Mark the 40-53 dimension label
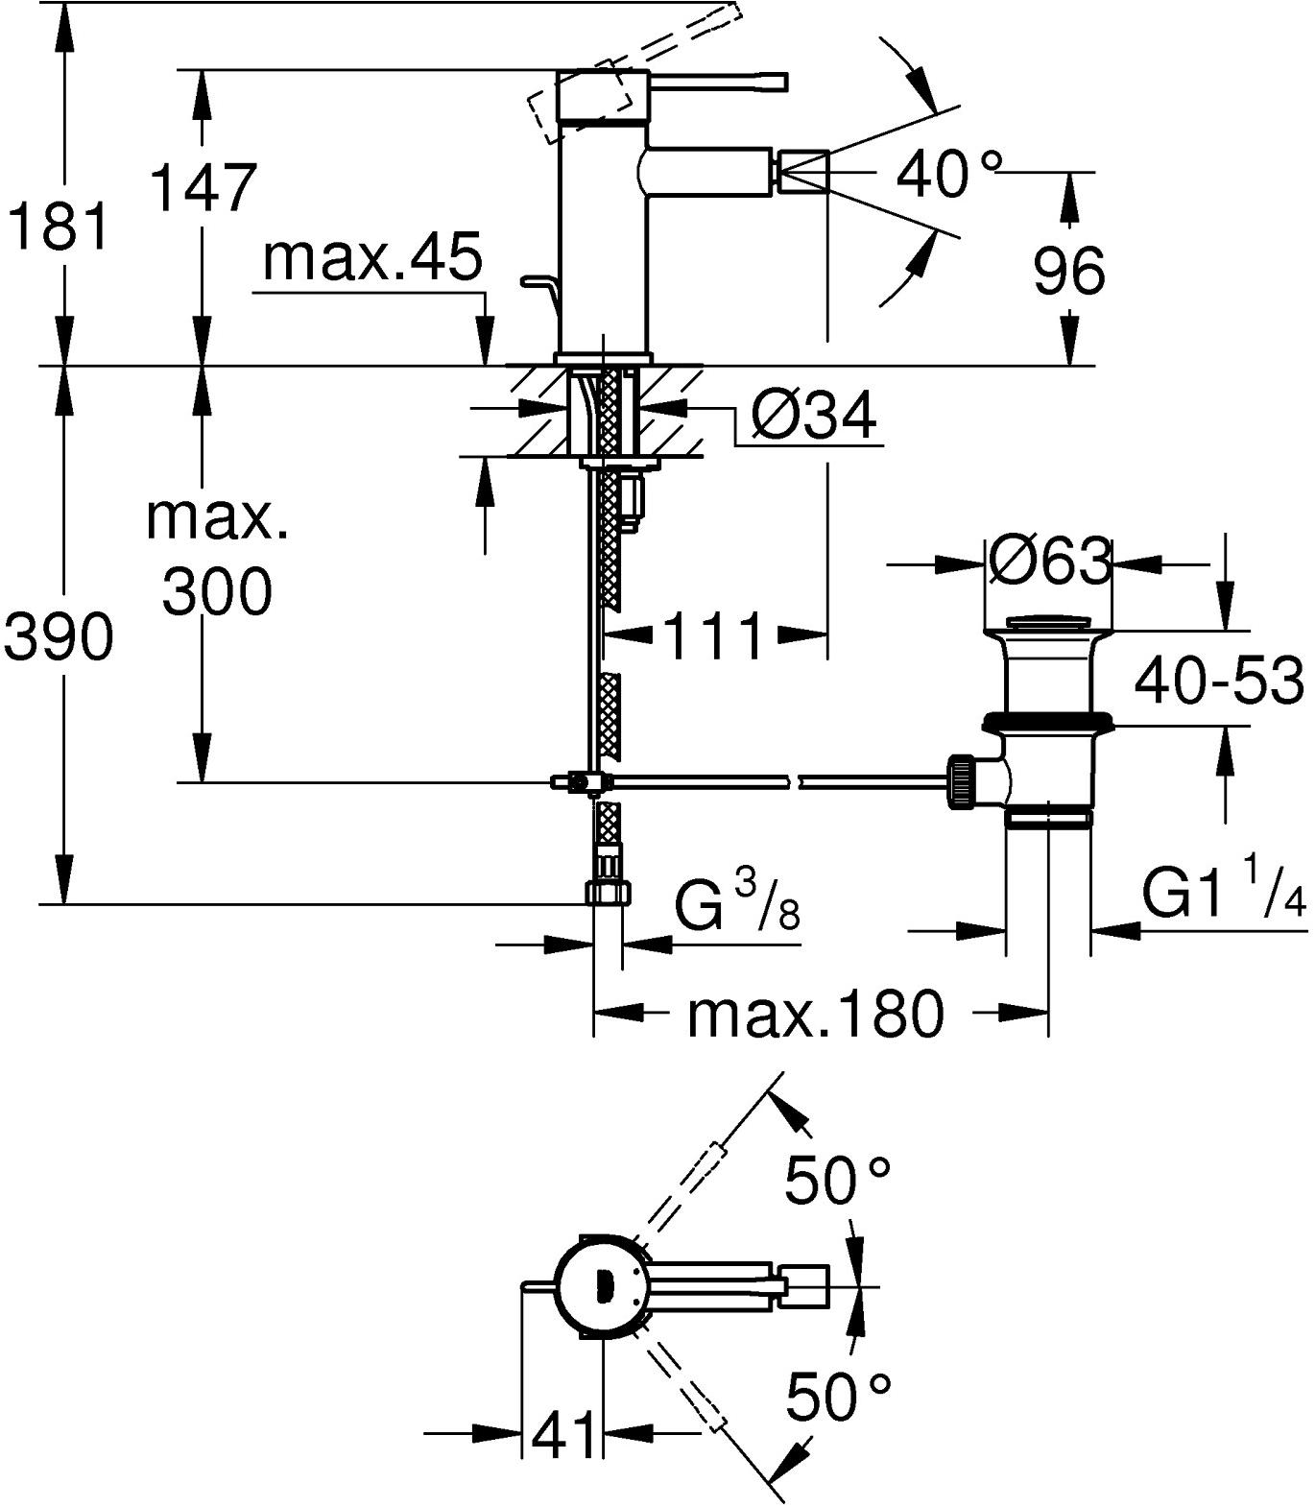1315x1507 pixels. click(1218, 681)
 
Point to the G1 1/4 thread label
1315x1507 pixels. click(1225, 895)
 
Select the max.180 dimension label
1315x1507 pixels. click(815, 1015)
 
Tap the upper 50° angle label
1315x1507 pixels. click(838, 1179)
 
